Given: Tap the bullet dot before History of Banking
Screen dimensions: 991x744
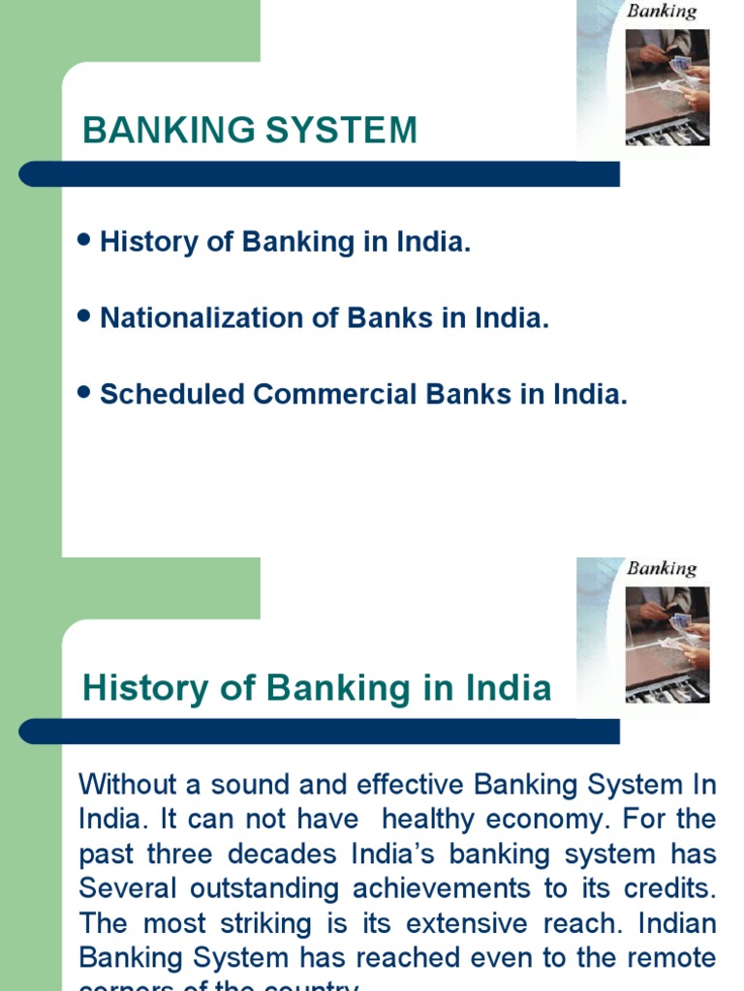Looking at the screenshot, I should point(83,240).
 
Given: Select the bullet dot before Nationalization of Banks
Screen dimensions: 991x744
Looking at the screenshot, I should point(83,316).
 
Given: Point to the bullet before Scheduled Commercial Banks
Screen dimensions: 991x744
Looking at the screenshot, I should point(83,393).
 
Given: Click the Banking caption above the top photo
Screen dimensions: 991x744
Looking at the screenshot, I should point(662,12).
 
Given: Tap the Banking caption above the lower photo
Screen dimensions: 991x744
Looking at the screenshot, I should point(662,568).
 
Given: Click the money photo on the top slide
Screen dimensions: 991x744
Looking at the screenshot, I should point(667,87).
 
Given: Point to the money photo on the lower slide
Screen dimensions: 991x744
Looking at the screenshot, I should point(667,644).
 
